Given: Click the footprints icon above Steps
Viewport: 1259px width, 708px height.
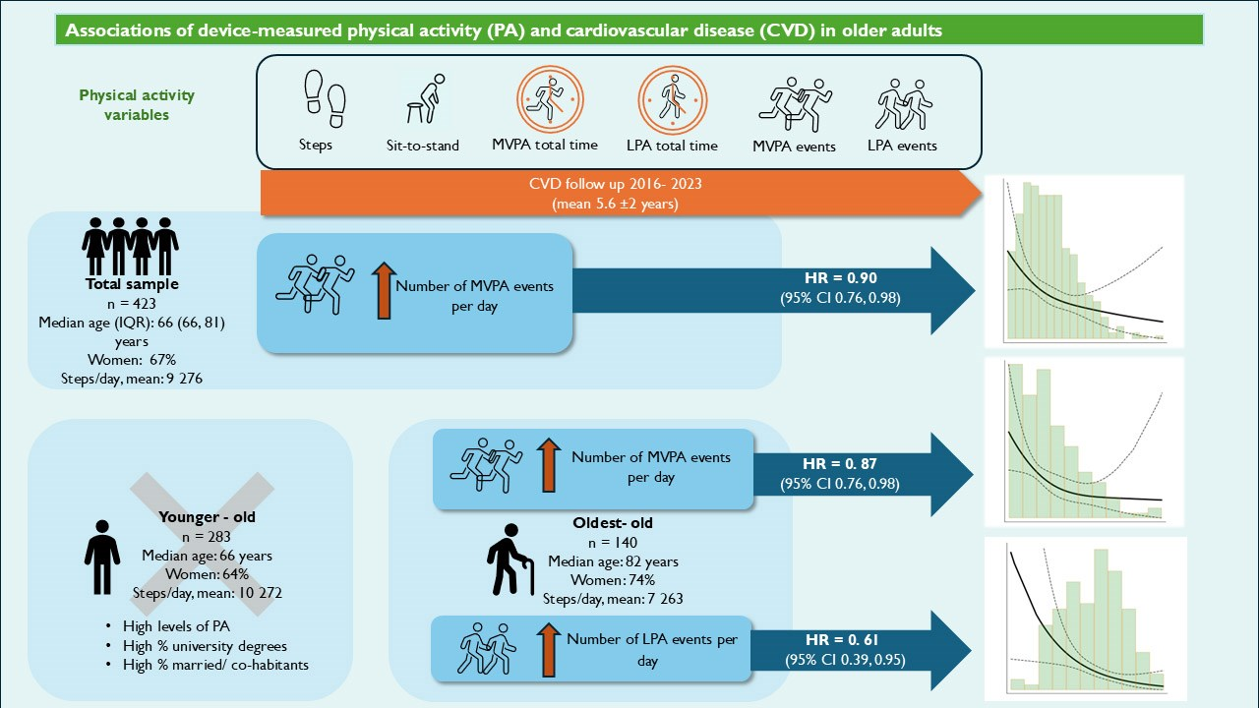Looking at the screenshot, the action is tap(325, 99).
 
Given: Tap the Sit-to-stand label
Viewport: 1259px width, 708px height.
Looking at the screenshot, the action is tap(423, 146).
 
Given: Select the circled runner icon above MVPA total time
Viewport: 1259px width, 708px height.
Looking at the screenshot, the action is tap(550, 99).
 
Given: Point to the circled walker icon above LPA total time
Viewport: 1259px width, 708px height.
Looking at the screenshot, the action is tap(672, 99).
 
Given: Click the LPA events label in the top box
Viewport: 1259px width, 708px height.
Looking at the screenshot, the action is tap(902, 146).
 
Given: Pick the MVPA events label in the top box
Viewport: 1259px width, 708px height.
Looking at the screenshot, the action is tap(794, 147).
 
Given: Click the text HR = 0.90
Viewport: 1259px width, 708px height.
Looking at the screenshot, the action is tap(840, 277).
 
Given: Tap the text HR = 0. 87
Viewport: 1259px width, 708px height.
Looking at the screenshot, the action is tap(840, 463).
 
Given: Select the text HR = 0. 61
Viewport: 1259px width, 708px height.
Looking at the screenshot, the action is tap(841, 639).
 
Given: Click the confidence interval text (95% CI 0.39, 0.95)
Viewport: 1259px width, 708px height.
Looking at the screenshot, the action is tap(845, 660).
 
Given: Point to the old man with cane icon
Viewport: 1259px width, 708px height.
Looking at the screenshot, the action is tap(510, 560).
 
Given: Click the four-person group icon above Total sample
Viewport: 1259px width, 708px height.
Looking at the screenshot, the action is tap(130, 246).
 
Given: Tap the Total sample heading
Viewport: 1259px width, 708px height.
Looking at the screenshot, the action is tap(132, 284).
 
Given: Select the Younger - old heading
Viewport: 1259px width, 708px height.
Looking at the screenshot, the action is tap(207, 517).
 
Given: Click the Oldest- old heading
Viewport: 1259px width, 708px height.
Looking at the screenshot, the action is tap(613, 522).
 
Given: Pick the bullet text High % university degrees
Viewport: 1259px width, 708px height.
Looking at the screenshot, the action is tap(205, 646).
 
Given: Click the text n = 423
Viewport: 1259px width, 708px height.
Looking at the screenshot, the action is tap(132, 304).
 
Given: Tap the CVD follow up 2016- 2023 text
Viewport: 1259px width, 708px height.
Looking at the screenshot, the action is tap(616, 184).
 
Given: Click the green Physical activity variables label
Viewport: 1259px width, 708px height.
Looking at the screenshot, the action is tap(137, 105).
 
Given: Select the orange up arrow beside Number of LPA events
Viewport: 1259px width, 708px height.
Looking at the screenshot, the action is tap(549, 650).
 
